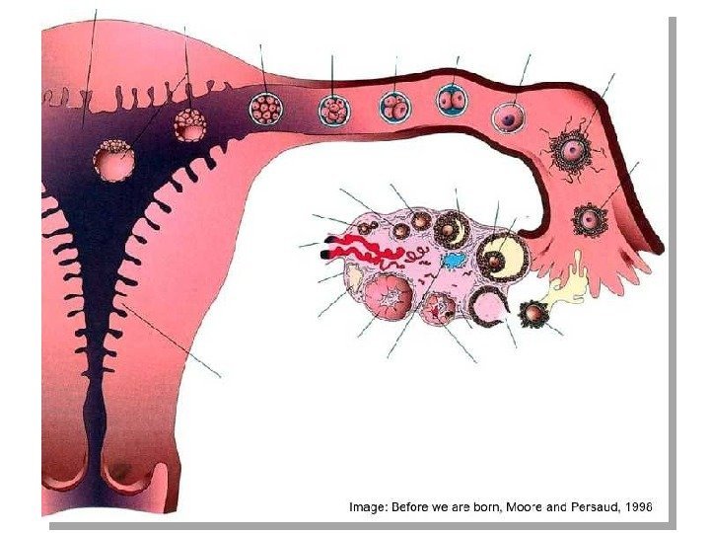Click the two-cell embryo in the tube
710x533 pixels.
tap(453, 100)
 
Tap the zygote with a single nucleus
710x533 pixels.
tap(509, 117)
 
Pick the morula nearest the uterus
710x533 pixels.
tap(266, 108)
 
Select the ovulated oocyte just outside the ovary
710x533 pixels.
tap(534, 315)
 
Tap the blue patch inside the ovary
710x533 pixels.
tap(454, 261)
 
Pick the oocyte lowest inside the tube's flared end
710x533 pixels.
tap(590, 218)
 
